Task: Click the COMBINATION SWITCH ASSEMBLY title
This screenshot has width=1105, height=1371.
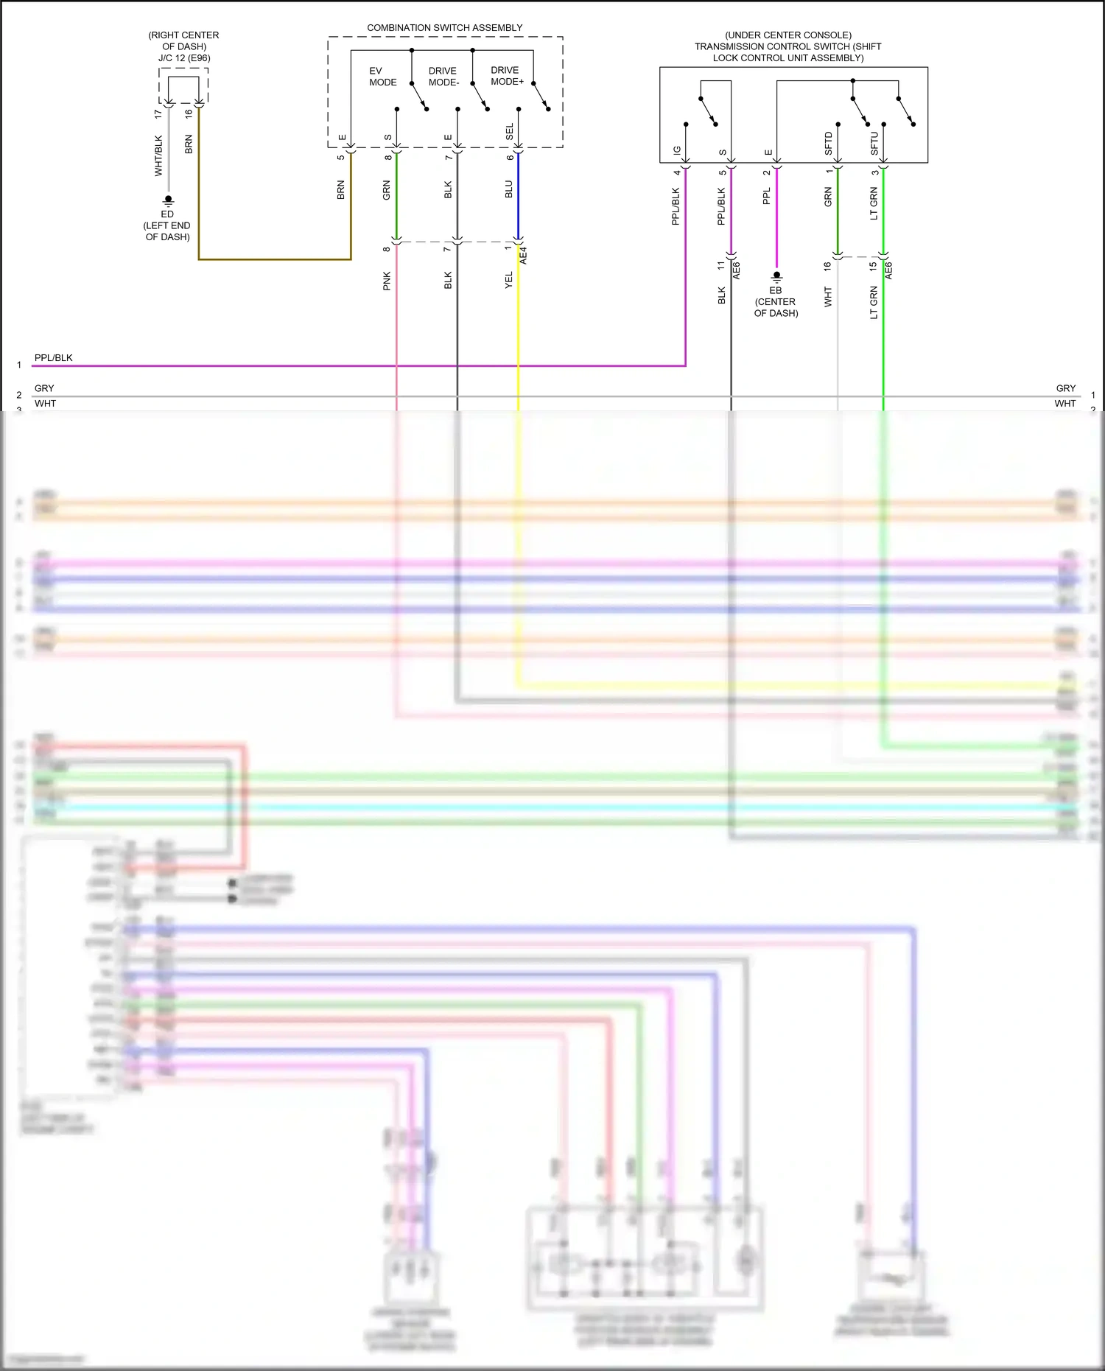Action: click(x=444, y=28)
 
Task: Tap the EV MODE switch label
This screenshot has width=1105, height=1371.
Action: click(x=382, y=77)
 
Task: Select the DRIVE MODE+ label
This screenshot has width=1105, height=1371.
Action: click(x=507, y=76)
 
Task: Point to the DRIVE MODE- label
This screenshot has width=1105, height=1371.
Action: click(x=443, y=77)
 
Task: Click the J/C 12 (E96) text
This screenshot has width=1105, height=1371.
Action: click(x=184, y=58)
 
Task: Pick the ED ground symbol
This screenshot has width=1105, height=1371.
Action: click(x=168, y=200)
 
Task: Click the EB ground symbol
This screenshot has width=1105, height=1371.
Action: click(x=776, y=277)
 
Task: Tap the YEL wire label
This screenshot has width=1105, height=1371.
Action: click(x=509, y=280)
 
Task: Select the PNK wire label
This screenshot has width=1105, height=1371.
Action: click(x=387, y=281)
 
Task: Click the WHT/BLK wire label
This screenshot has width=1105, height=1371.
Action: click(x=158, y=155)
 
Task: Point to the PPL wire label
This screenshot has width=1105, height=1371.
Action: click(x=767, y=196)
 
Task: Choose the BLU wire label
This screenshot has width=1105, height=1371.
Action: click(x=509, y=189)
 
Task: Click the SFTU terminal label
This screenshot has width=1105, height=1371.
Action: click(x=874, y=143)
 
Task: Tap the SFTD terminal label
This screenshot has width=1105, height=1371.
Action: click(x=829, y=143)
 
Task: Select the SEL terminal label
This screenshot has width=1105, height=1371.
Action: click(x=510, y=133)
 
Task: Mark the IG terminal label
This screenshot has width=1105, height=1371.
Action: click(x=677, y=150)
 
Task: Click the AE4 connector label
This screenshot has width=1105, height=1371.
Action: click(x=524, y=256)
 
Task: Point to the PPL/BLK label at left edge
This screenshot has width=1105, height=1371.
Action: click(x=54, y=358)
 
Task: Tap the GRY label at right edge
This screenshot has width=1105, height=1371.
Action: click(x=1065, y=388)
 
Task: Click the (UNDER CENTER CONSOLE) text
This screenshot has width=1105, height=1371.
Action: click(x=787, y=35)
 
